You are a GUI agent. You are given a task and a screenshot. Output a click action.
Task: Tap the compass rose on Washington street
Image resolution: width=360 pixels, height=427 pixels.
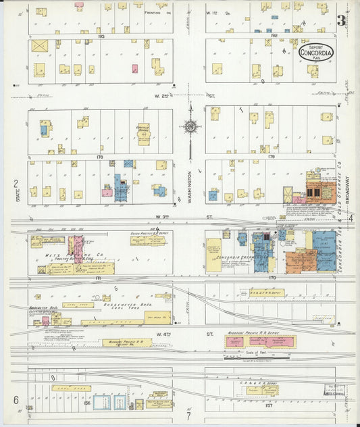190,126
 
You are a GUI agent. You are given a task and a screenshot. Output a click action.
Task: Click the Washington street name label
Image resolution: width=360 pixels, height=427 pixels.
190,183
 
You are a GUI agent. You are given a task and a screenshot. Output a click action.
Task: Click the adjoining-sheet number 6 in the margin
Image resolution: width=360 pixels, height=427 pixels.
16,400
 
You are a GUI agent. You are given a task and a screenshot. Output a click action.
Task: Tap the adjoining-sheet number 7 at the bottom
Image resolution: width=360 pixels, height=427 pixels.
189,417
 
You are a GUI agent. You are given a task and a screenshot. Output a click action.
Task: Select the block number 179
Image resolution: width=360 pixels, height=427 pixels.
272,157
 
